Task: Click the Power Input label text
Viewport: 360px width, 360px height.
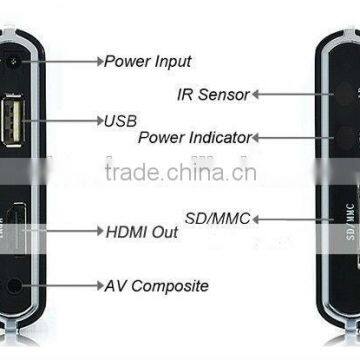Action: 148,60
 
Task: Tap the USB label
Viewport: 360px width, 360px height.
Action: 119,121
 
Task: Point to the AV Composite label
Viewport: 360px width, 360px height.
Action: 157,286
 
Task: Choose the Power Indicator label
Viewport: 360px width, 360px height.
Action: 195,136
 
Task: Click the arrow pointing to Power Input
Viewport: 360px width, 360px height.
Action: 60,60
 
